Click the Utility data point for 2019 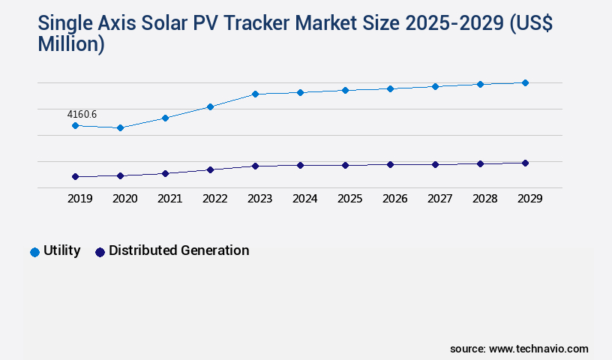[x=75, y=125]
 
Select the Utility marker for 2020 [x=120, y=128]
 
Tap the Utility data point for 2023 [x=255, y=94]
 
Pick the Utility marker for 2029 [x=525, y=82]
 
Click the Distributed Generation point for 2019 [x=75, y=177]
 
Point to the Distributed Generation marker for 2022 [x=210, y=169]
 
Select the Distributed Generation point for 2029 [x=525, y=163]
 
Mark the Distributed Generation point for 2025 [x=345, y=165]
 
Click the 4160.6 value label [x=82, y=114]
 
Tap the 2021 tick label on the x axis [x=169, y=199]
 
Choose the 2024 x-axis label [x=304, y=199]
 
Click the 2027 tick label [x=439, y=199]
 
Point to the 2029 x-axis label [x=529, y=199]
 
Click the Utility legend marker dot [x=34, y=252]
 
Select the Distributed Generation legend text [x=178, y=250]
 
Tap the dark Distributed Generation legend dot [x=100, y=252]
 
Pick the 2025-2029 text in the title [x=453, y=24]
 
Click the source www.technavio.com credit [x=519, y=349]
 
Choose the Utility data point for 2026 [x=390, y=88]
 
